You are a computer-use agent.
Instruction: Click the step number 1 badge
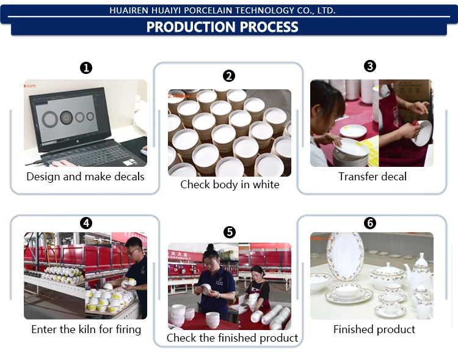click(x=86, y=68)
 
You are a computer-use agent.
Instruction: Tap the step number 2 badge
click(x=229, y=76)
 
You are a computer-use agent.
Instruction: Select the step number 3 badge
click(x=370, y=66)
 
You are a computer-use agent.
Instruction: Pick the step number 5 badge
click(x=229, y=232)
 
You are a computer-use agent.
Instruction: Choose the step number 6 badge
click(x=370, y=223)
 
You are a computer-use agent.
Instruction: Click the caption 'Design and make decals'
click(x=85, y=177)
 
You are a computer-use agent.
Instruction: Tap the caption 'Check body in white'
click(x=230, y=184)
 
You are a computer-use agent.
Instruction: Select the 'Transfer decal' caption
click(x=373, y=177)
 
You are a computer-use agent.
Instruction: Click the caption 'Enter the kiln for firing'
click(x=86, y=329)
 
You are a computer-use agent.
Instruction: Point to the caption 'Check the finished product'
click(x=232, y=337)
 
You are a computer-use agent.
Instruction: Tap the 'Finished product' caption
click(x=374, y=329)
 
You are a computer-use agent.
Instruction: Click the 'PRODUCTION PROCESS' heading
click(x=222, y=27)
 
